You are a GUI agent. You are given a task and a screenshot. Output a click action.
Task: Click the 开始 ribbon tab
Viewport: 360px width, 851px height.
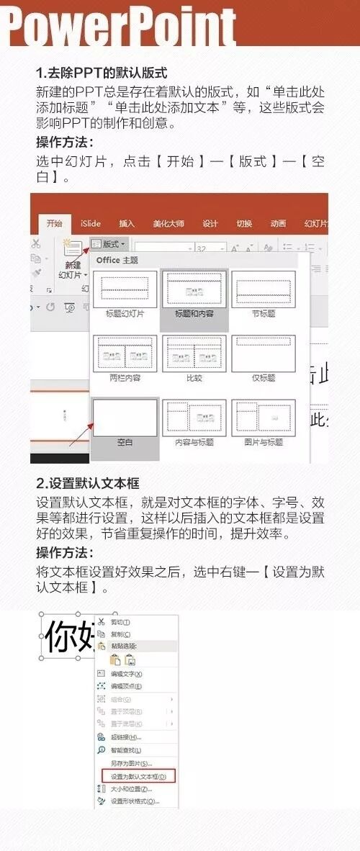pos(54,223)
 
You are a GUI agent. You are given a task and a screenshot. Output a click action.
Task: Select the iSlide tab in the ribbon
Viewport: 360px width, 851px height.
pos(91,223)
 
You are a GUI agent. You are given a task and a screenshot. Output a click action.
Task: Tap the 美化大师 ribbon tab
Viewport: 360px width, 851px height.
pos(168,223)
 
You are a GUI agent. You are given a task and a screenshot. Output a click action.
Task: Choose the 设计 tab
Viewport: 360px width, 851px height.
pos(210,223)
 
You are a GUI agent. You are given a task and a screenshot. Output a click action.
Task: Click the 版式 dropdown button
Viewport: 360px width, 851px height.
pos(109,245)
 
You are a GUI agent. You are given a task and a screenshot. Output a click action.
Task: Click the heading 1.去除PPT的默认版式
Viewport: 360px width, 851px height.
pos(102,73)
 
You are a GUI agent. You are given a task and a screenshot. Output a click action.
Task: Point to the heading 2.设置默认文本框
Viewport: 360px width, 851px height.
pos(88,482)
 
